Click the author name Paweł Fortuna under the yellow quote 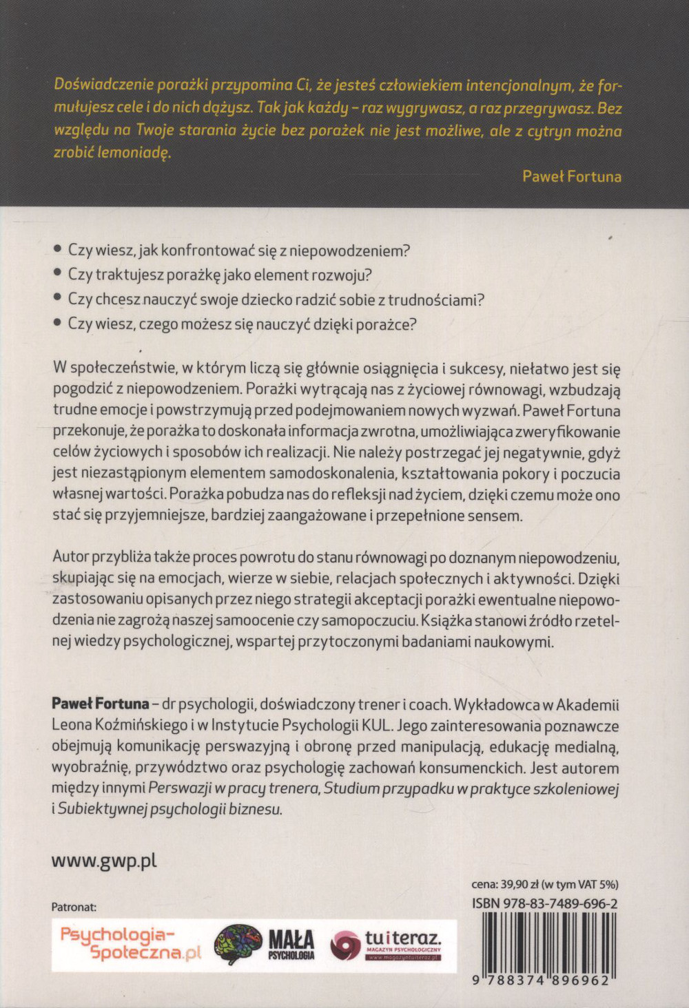(571, 176)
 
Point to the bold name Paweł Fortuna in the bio (100, 704)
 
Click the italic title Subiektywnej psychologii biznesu (169, 809)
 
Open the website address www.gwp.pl (104, 861)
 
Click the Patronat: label (74, 907)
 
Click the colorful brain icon (238, 945)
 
